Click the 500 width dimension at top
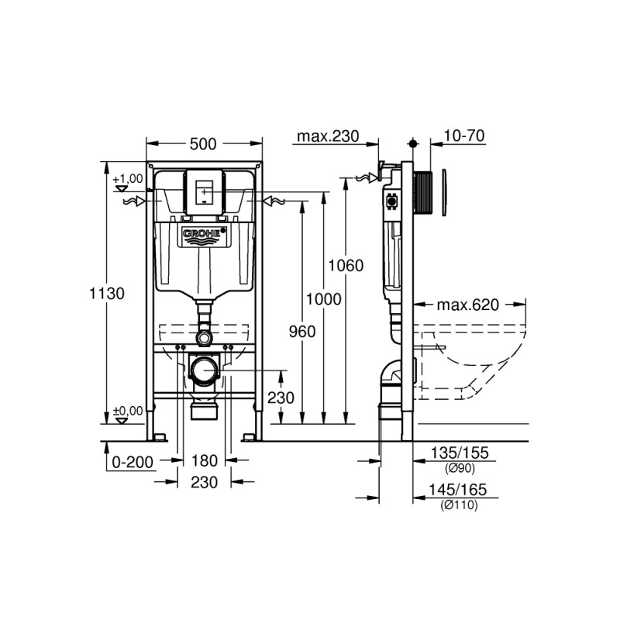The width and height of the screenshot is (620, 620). [203, 143]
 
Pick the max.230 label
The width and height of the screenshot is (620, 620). [327, 136]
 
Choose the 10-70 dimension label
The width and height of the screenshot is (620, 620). [464, 136]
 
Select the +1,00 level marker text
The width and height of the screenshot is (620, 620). [128, 179]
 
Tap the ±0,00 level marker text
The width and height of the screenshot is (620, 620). [128, 411]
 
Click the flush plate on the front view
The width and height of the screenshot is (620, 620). [204, 191]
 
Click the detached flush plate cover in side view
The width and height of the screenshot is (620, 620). [445, 190]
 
